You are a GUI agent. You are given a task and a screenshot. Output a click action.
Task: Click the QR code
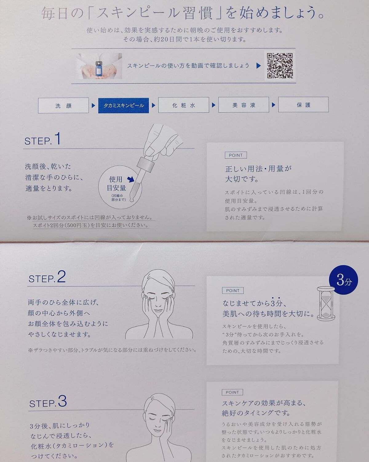[x=280, y=66]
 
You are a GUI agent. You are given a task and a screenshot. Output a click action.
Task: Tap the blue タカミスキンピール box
[x=124, y=105]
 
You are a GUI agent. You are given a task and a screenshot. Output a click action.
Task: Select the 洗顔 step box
[x=63, y=105]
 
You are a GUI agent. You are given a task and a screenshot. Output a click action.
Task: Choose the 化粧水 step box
[x=184, y=105]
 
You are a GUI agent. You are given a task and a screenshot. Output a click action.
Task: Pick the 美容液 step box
[x=244, y=105]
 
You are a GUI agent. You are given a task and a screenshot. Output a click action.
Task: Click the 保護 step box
[x=304, y=104]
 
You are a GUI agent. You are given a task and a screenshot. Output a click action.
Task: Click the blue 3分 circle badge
[x=343, y=280]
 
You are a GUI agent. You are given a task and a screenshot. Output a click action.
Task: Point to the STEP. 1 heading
[x=42, y=139]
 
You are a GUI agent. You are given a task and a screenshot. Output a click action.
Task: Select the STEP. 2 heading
[x=47, y=277]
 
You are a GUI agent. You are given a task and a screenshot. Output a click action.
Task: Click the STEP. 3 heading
[x=48, y=402]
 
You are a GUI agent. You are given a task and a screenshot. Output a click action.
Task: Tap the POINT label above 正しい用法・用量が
[x=236, y=155]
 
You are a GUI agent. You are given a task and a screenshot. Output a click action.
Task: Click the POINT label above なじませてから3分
[x=233, y=290]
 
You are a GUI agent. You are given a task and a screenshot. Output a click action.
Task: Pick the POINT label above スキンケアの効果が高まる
[x=232, y=392]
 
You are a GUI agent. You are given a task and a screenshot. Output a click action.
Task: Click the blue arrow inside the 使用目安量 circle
[x=131, y=179]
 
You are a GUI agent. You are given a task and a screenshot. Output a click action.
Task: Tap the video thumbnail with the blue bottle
[x=99, y=66]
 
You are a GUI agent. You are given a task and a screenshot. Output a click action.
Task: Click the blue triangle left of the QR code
[x=259, y=66]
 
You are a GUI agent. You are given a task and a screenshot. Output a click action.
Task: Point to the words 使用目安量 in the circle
[x=116, y=184]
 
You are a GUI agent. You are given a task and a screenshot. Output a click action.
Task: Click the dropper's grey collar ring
[x=145, y=164]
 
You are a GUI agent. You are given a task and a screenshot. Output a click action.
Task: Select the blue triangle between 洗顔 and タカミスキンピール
[x=93, y=106]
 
